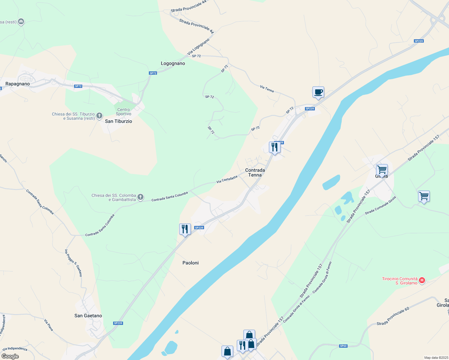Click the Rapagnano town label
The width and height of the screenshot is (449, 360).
[x=18, y=84]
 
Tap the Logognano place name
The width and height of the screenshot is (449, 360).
[x=173, y=63]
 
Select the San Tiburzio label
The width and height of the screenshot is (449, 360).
[x=119, y=121]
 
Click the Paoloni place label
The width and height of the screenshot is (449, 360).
[x=191, y=263]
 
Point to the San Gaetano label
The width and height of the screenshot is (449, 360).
[x=88, y=316]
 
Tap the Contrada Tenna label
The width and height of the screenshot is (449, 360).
[x=255, y=172]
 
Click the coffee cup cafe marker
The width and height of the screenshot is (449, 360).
[x=318, y=92]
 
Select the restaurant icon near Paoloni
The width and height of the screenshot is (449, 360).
[x=185, y=229]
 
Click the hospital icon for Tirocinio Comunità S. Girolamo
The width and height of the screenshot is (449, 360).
[x=422, y=280]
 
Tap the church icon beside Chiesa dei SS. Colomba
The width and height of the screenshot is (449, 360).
[x=140, y=197]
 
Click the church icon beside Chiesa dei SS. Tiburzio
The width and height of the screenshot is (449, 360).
[x=99, y=116]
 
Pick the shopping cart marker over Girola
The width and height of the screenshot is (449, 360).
[x=382, y=170]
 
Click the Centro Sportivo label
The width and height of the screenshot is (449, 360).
[x=124, y=112]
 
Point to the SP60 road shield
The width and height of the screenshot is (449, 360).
[x=343, y=346]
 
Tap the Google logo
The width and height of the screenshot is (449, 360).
[x=10, y=356]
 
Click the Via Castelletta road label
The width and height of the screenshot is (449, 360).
[x=227, y=179]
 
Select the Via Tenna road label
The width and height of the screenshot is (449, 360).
[x=267, y=89]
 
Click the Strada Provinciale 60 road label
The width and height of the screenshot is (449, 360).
[x=393, y=316]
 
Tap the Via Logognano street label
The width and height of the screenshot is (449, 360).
[x=198, y=46]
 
